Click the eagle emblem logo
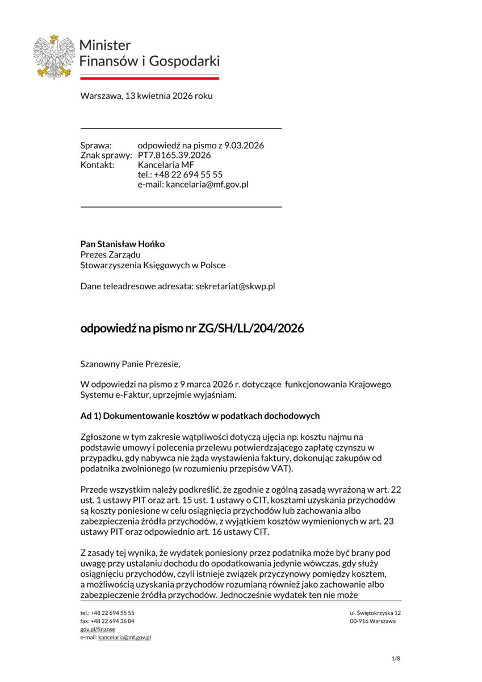(54, 56)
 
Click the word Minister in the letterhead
(105, 45)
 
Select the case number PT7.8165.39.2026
(174, 155)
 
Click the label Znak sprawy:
(106, 155)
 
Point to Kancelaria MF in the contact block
(166, 165)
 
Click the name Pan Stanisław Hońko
(123, 244)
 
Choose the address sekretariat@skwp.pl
(235, 286)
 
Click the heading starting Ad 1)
(200, 415)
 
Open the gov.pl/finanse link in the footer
(98, 629)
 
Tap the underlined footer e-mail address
(124, 638)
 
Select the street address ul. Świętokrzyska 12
(375, 613)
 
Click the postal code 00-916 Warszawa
(372, 621)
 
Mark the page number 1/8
(396, 659)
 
